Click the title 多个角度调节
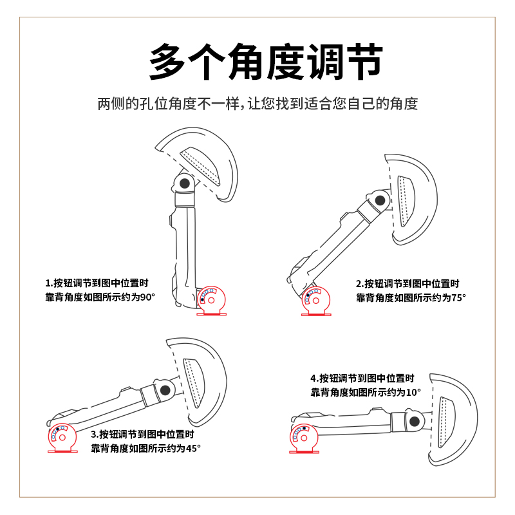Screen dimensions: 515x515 coord(257,62)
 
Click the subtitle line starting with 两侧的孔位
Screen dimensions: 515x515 coord(257,104)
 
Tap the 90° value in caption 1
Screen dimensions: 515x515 coord(148,297)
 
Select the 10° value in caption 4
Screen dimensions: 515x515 coord(413,391)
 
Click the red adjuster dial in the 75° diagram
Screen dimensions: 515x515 coord(315,299)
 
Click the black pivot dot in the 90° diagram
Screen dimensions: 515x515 coord(185,183)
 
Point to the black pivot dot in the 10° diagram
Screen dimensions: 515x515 coord(415,422)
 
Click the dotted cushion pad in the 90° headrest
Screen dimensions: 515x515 coord(204,167)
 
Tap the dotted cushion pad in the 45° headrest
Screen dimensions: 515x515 coord(194,383)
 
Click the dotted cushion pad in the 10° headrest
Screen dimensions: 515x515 coord(446,422)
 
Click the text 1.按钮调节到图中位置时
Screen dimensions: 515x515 coord(97,283)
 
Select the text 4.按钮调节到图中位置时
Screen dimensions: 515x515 coord(362,378)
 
